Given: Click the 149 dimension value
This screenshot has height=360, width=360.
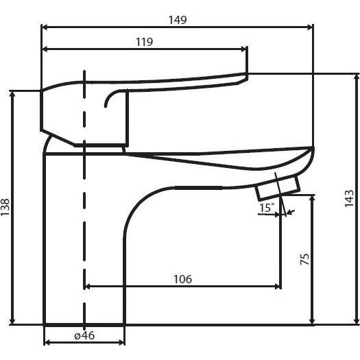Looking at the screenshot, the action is pyautogui.click(x=178, y=20).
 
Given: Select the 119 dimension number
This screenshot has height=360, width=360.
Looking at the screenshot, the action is pyautogui.click(x=144, y=42).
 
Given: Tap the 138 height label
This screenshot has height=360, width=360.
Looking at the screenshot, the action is pyautogui.click(x=5, y=207).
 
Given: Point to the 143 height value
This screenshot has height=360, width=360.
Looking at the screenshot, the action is pyautogui.click(x=349, y=198).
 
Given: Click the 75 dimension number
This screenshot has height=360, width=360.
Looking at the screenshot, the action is pyautogui.click(x=304, y=259).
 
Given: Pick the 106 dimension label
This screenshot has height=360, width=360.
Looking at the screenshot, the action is pyautogui.click(x=182, y=279).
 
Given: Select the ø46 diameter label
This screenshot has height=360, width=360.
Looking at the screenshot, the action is pyautogui.click(x=84, y=336).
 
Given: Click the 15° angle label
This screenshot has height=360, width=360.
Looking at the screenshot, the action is pyautogui.click(x=267, y=208).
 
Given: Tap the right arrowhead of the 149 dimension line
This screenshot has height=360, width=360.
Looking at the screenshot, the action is pyautogui.click(x=309, y=27).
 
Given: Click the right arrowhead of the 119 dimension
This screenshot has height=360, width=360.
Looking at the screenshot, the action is pyautogui.click(x=243, y=49).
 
